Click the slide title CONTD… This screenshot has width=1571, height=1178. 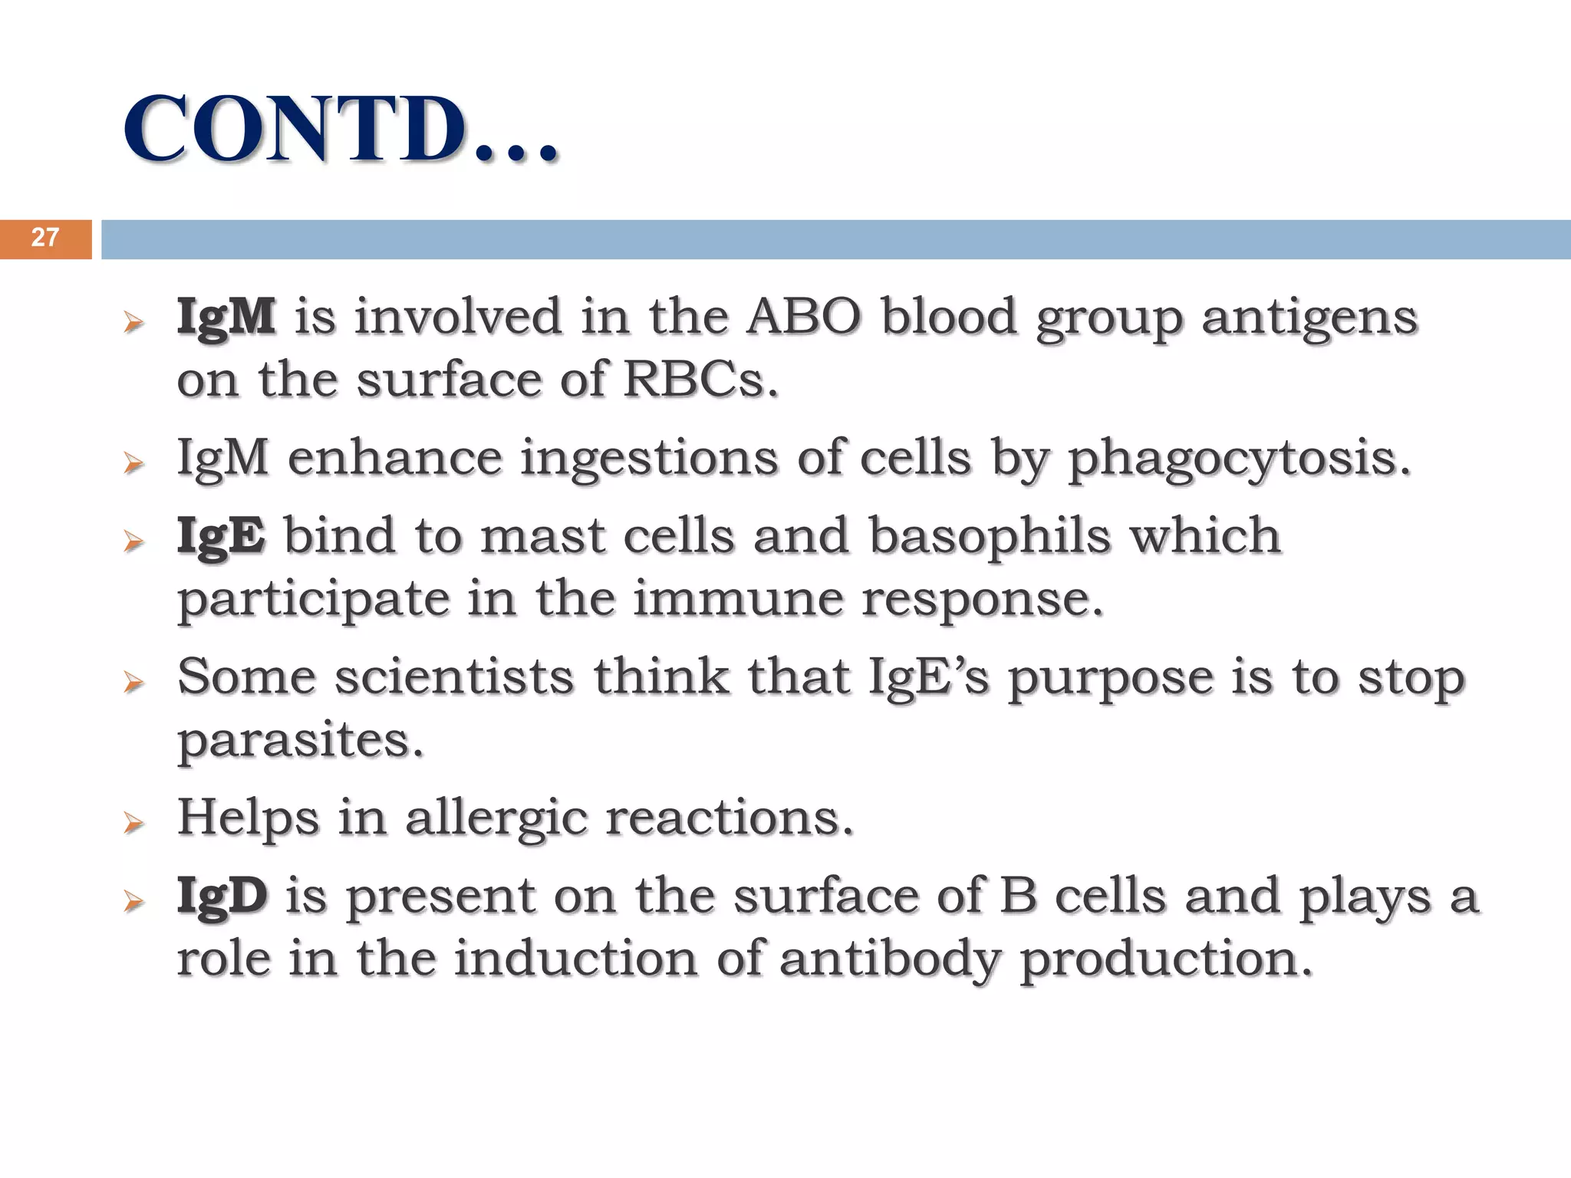(x=340, y=129)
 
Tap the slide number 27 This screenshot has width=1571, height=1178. (x=45, y=238)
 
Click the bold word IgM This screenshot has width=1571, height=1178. (x=226, y=317)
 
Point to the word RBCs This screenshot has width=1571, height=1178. (x=700, y=380)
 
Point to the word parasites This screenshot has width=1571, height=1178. (x=300, y=742)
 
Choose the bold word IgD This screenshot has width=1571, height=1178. (x=222, y=896)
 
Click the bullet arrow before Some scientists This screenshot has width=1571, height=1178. (x=133, y=683)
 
